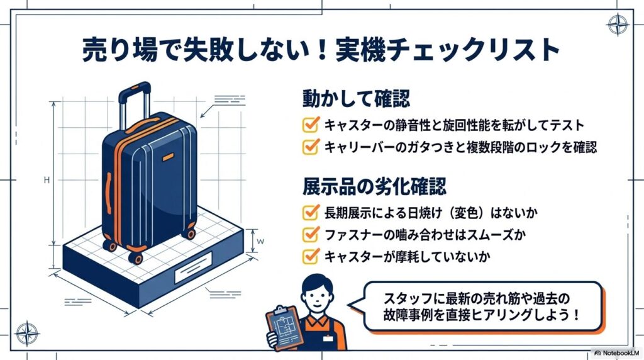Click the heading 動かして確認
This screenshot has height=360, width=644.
(356, 99)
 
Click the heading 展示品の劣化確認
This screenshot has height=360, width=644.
(374, 186)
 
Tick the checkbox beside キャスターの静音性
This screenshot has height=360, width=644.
(311, 124)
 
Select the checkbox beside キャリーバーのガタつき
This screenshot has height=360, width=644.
(311, 146)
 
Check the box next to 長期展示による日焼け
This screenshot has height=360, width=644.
(311, 212)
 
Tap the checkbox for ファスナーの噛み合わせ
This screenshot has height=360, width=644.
(311, 234)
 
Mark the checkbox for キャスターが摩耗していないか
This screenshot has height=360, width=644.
(311, 256)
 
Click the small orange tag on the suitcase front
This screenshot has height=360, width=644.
(168, 157)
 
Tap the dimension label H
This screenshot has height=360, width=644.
(47, 180)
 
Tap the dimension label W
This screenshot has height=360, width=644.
(260, 241)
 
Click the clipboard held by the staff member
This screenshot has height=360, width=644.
(284, 327)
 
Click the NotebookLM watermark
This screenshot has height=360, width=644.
(617, 353)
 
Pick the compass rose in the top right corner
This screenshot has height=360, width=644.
(618, 25)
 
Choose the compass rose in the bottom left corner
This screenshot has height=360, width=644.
(26, 334)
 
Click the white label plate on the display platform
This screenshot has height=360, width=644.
(193, 268)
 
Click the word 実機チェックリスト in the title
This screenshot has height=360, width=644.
(448, 50)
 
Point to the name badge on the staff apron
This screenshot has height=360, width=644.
(328, 338)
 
